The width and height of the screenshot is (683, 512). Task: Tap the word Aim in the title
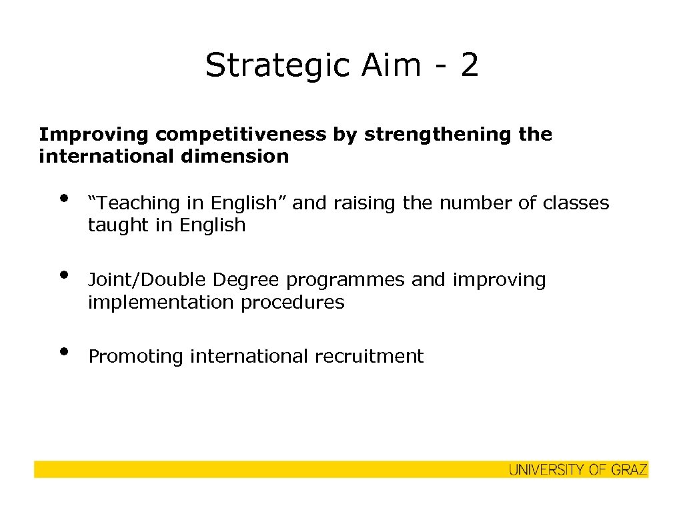[x=392, y=66]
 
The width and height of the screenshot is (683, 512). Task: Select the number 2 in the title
[x=469, y=66]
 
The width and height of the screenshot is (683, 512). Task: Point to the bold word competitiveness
[x=241, y=135]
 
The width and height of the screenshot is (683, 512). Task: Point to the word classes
[x=578, y=203]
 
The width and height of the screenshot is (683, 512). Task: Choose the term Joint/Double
[x=147, y=280]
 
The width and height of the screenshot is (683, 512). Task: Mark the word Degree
[x=247, y=281]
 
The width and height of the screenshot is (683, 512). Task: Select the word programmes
[x=346, y=281]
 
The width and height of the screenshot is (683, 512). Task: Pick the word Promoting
[x=136, y=357]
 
